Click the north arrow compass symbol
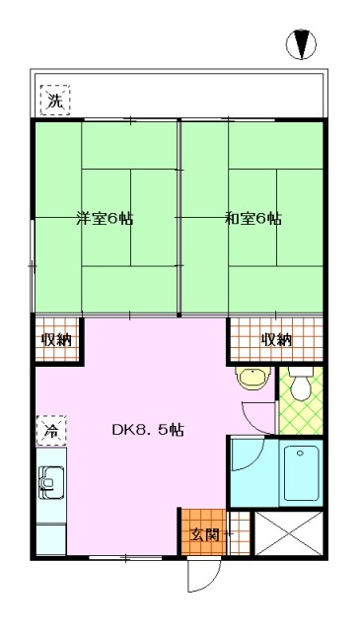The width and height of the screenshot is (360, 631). (301, 44)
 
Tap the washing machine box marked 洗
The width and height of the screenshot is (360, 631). (55, 101)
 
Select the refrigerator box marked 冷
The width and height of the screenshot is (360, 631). (51, 431)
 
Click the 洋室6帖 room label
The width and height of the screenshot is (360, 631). (105, 219)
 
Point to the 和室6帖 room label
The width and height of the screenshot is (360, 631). (252, 219)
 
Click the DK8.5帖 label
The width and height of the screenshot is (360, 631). (148, 430)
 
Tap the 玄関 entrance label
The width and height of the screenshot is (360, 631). (204, 534)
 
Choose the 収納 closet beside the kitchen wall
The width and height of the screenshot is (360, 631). (57, 339)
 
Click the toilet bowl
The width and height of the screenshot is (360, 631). (302, 388)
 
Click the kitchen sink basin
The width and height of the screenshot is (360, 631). (51, 482)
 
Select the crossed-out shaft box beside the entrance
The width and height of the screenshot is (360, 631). (289, 533)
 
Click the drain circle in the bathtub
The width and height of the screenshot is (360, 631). (300, 454)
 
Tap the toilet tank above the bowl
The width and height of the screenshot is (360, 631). (302, 371)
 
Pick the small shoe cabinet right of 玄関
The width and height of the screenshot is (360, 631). (240, 533)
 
